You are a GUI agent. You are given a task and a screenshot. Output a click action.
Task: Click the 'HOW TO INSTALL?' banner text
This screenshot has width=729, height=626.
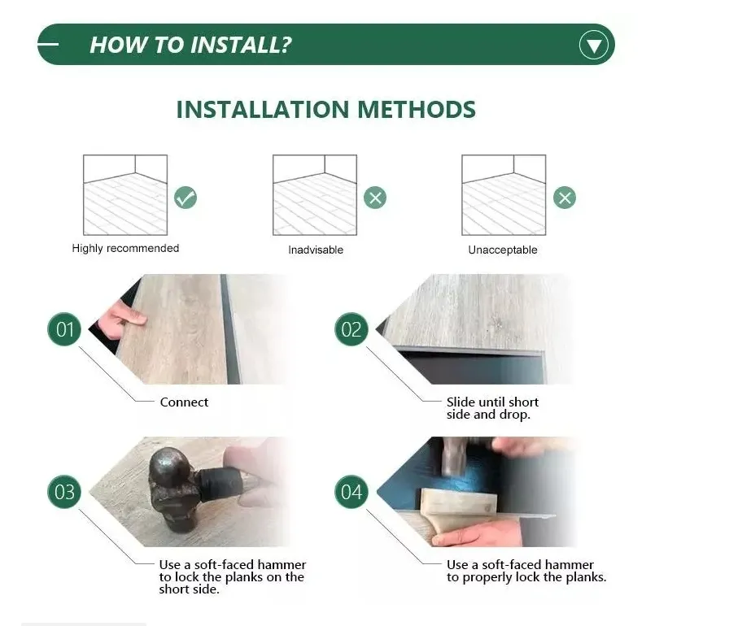190,45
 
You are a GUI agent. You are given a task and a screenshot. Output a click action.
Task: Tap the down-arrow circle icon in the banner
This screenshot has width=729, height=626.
594,45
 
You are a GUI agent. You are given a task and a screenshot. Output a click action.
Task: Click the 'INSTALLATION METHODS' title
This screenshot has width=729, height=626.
325,110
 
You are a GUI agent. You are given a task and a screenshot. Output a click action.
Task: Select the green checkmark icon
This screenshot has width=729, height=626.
186,197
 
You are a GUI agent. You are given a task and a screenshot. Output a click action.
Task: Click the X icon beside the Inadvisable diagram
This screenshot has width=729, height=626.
374,198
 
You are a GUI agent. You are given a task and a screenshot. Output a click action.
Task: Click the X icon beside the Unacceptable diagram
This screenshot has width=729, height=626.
565,198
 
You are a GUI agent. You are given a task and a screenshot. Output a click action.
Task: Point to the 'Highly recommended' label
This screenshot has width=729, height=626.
125,248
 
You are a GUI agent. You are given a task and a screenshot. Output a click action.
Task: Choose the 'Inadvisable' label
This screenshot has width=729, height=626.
316,250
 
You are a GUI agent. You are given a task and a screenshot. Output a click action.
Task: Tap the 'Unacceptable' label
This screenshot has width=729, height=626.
503,250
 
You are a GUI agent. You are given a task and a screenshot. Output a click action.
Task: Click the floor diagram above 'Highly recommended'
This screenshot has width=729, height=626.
125,195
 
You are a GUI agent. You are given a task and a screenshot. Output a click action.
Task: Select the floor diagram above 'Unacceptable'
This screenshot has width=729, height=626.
504,195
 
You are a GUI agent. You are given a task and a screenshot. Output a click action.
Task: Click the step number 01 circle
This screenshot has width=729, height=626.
64,329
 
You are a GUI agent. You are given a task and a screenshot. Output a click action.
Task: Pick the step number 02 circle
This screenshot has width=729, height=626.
351,329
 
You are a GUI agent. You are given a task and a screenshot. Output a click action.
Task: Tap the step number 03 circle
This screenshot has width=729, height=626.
64,492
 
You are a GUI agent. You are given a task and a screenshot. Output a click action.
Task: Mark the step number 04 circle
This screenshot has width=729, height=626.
351,492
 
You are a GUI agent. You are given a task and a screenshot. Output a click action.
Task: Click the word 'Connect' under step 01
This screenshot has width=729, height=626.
184,402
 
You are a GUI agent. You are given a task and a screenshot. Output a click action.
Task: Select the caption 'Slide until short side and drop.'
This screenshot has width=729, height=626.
492,408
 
